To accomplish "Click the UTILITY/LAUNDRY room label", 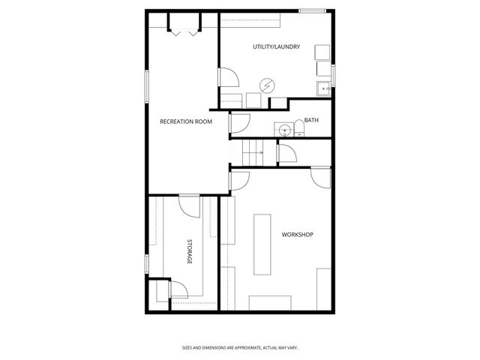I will [276, 46].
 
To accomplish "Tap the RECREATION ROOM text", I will [185, 121].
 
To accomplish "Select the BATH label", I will [311, 120].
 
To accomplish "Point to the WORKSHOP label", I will [297, 235].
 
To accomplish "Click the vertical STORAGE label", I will [189, 252].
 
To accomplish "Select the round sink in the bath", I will [283, 130].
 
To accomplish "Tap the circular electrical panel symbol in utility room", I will [266, 85].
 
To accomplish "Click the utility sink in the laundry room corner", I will [324, 88].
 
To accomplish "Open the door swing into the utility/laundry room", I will [227, 77].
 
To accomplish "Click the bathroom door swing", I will [241, 121].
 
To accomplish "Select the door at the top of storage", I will [189, 205].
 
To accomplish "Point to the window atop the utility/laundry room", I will [313, 10].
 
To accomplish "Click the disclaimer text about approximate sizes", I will [240, 347].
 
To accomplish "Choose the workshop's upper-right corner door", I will [320, 178].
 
